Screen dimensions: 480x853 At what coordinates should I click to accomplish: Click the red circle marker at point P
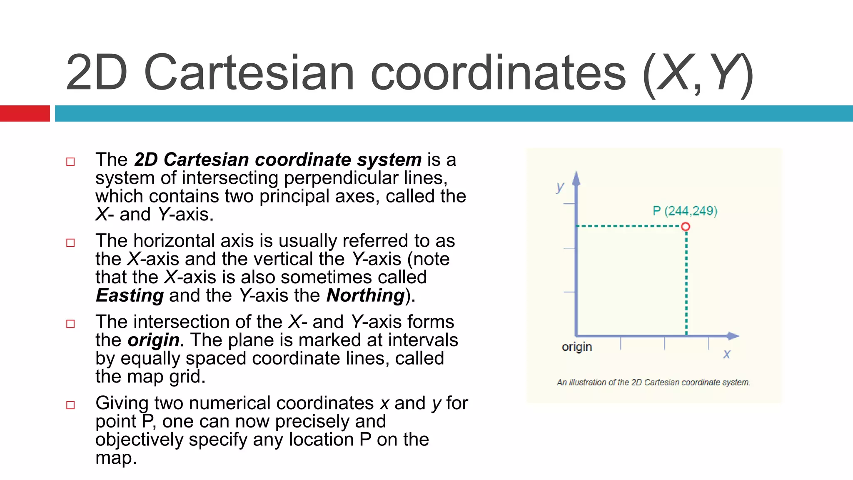[686, 227]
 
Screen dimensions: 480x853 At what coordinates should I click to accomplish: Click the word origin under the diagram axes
[576, 347]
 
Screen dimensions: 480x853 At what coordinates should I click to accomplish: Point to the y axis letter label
[560, 187]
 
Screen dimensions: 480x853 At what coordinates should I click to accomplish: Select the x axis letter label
[726, 354]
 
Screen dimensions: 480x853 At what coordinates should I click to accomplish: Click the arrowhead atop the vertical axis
[576, 178]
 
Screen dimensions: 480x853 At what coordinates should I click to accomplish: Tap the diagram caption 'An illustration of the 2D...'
[653, 382]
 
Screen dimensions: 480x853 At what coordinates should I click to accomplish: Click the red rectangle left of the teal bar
[25, 113]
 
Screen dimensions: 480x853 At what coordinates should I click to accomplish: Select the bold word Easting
[130, 295]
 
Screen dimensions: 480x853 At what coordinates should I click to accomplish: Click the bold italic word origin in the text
[153, 340]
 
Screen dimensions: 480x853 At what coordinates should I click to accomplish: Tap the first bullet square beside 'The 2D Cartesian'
[70, 162]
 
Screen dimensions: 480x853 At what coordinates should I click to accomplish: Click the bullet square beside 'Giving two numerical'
[70, 405]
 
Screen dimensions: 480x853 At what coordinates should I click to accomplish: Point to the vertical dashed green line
[686, 283]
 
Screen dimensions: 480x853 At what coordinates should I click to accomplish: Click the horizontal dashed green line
[629, 226]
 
